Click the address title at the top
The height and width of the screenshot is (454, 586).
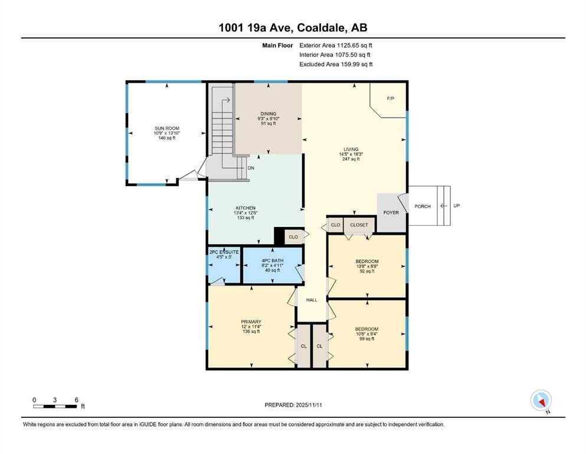pyautogui.click(x=293, y=27)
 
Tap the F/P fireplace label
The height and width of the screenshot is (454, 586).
pyautogui.click(x=390, y=98)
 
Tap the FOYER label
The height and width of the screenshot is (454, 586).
pyautogui.click(x=391, y=212)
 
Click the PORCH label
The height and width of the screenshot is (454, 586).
pyautogui.click(x=423, y=206)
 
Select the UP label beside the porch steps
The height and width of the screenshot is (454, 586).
pyautogui.click(x=456, y=206)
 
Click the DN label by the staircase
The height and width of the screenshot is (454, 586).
pyautogui.click(x=251, y=168)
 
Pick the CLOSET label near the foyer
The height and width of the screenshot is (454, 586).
pyautogui.click(x=359, y=225)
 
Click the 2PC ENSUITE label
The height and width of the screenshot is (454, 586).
pyautogui.click(x=223, y=252)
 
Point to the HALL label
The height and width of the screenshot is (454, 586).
pyautogui.click(x=312, y=300)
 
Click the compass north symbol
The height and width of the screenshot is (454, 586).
pyautogui.click(x=541, y=401)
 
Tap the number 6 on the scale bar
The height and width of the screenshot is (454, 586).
pyautogui.click(x=77, y=400)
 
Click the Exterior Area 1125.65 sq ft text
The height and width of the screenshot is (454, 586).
pyautogui.click(x=336, y=45)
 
